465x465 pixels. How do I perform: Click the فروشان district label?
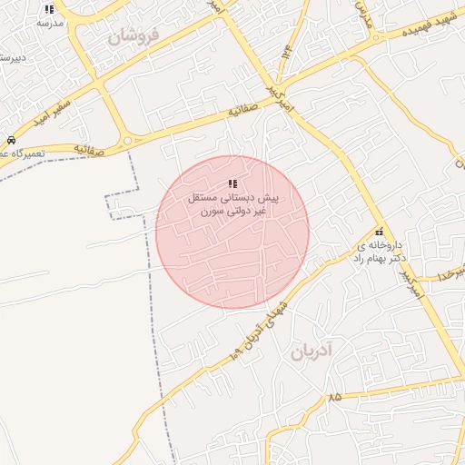pyautogui.click(x=133, y=37)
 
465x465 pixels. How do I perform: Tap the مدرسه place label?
pyautogui.click(x=50, y=23)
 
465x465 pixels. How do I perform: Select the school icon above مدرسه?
pyautogui.click(x=50, y=9)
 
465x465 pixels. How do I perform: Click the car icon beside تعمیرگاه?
pyautogui.click(x=9, y=141)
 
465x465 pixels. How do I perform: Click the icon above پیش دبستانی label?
pyautogui.click(x=232, y=185)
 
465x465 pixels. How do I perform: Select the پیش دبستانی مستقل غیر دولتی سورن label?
pyautogui.click(x=232, y=203)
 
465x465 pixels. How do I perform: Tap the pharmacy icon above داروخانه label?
pyautogui.click(x=379, y=231)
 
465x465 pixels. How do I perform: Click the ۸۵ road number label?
pyautogui.click(x=335, y=397)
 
